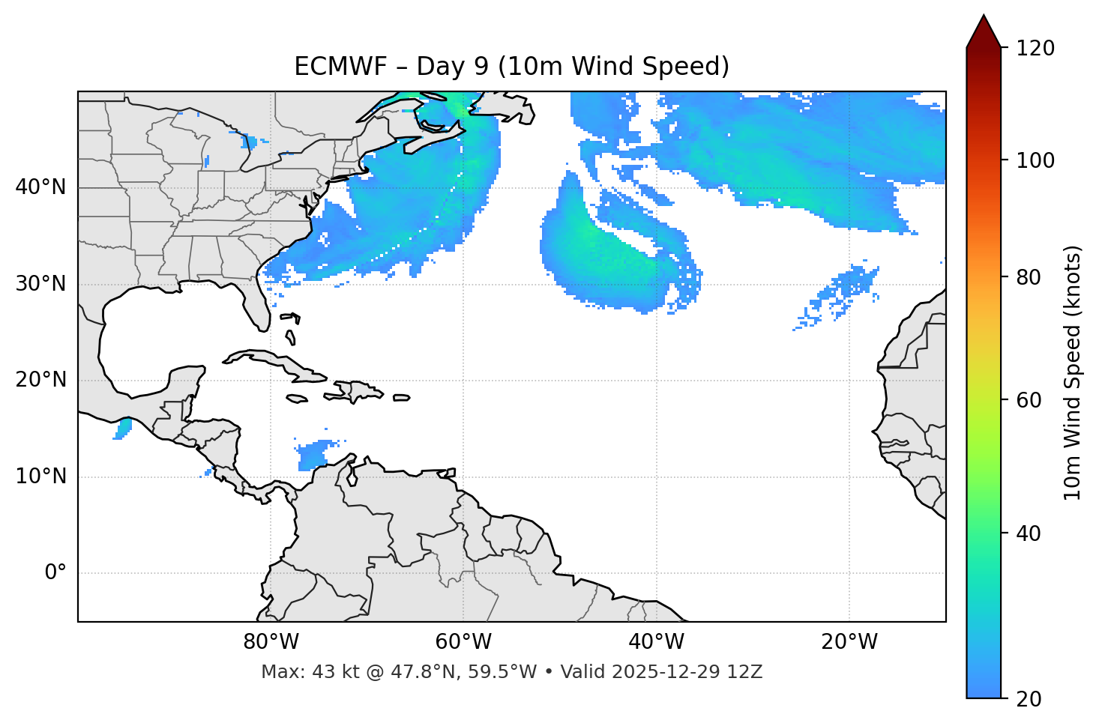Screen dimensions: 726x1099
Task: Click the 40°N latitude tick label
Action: (x=40, y=187)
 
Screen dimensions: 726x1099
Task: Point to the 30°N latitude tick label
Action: (x=40, y=284)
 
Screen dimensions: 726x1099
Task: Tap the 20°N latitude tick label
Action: (x=40, y=380)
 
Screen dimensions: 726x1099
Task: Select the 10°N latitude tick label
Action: (x=40, y=477)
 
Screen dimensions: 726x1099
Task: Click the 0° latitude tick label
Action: (x=55, y=573)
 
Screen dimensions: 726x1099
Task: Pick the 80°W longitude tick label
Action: (x=271, y=642)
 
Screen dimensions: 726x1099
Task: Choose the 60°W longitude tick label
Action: (x=463, y=642)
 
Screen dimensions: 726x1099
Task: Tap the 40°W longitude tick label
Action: (x=656, y=642)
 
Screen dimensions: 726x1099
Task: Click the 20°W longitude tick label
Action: (x=849, y=642)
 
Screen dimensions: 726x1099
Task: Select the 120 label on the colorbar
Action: (x=1035, y=49)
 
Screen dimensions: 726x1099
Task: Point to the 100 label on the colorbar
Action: (x=1035, y=160)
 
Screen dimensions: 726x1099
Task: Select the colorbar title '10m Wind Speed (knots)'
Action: (x=1073, y=372)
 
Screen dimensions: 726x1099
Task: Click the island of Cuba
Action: (x=277, y=363)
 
